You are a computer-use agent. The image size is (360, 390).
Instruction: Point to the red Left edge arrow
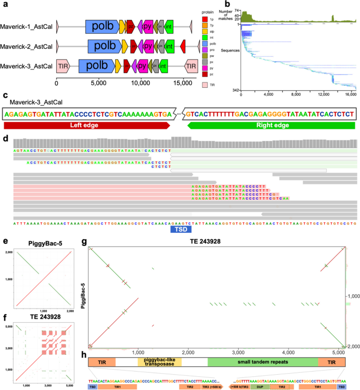tap(87, 126)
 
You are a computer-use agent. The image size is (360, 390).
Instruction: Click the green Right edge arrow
tap(270, 126)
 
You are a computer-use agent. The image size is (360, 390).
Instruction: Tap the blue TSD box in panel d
tap(180, 229)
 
